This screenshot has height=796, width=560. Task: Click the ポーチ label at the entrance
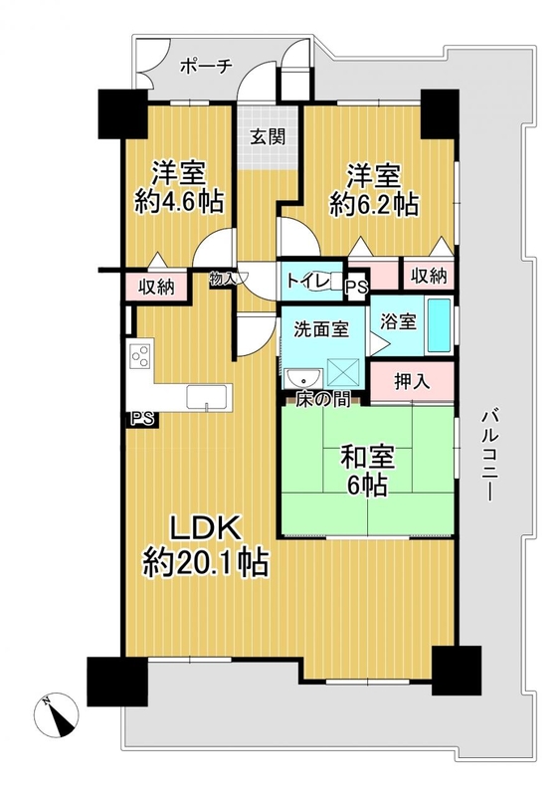(206, 67)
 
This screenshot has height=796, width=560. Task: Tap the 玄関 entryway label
(269, 136)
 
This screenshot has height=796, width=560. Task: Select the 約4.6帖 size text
(179, 203)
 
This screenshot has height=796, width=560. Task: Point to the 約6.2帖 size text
(374, 205)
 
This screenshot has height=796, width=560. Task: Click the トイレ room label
(305, 281)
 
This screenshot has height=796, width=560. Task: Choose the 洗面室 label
(321, 329)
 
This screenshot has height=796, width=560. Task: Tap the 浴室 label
(399, 321)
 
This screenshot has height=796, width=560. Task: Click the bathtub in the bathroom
(439, 325)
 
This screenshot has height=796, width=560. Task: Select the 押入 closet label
(412, 382)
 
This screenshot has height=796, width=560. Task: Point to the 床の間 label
(323, 400)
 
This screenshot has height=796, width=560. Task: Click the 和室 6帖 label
(368, 471)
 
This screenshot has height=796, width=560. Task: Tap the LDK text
(205, 528)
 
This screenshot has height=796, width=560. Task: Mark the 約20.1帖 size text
(205, 562)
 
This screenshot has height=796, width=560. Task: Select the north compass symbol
(57, 713)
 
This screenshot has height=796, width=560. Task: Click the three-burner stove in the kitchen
(140, 355)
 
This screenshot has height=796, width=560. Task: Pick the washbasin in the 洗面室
(303, 378)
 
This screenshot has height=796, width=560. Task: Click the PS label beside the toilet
(356, 288)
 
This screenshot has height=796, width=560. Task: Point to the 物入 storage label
(223, 279)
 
